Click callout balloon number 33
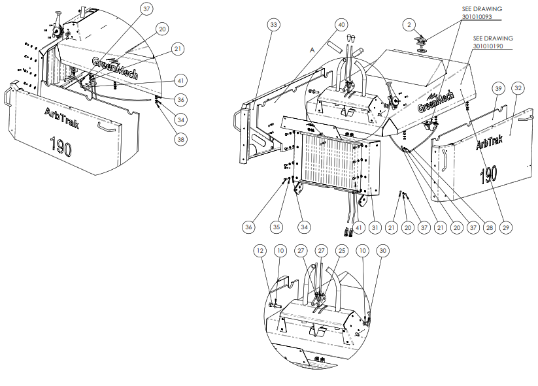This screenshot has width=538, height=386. coord(273,25)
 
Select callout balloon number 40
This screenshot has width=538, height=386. coord(341,25)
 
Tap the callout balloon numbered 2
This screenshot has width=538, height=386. coord(409,25)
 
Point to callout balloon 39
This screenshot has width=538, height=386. coord(498,88)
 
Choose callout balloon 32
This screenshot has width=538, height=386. coord(518,88)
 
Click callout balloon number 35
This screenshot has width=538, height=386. coord(277,227)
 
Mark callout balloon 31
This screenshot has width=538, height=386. coord(375,227)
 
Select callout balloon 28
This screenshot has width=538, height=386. coord(490,227)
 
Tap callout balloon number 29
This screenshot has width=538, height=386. coord(506,227)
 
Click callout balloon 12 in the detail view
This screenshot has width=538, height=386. coord(260,251)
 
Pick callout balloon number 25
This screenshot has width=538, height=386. coord(342,251)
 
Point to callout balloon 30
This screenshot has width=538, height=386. coord(383,251)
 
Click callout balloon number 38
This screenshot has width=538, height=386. coord(181,139)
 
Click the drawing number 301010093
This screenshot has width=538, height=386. coord(477,16)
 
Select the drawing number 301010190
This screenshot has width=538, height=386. coord(488,46)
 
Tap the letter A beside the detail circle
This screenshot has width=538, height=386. coord(312,50)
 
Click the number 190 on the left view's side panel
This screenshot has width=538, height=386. coord(61,146)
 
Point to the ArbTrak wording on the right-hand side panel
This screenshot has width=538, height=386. coord(489,142)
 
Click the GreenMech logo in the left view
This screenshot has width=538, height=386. coord(115,68)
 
